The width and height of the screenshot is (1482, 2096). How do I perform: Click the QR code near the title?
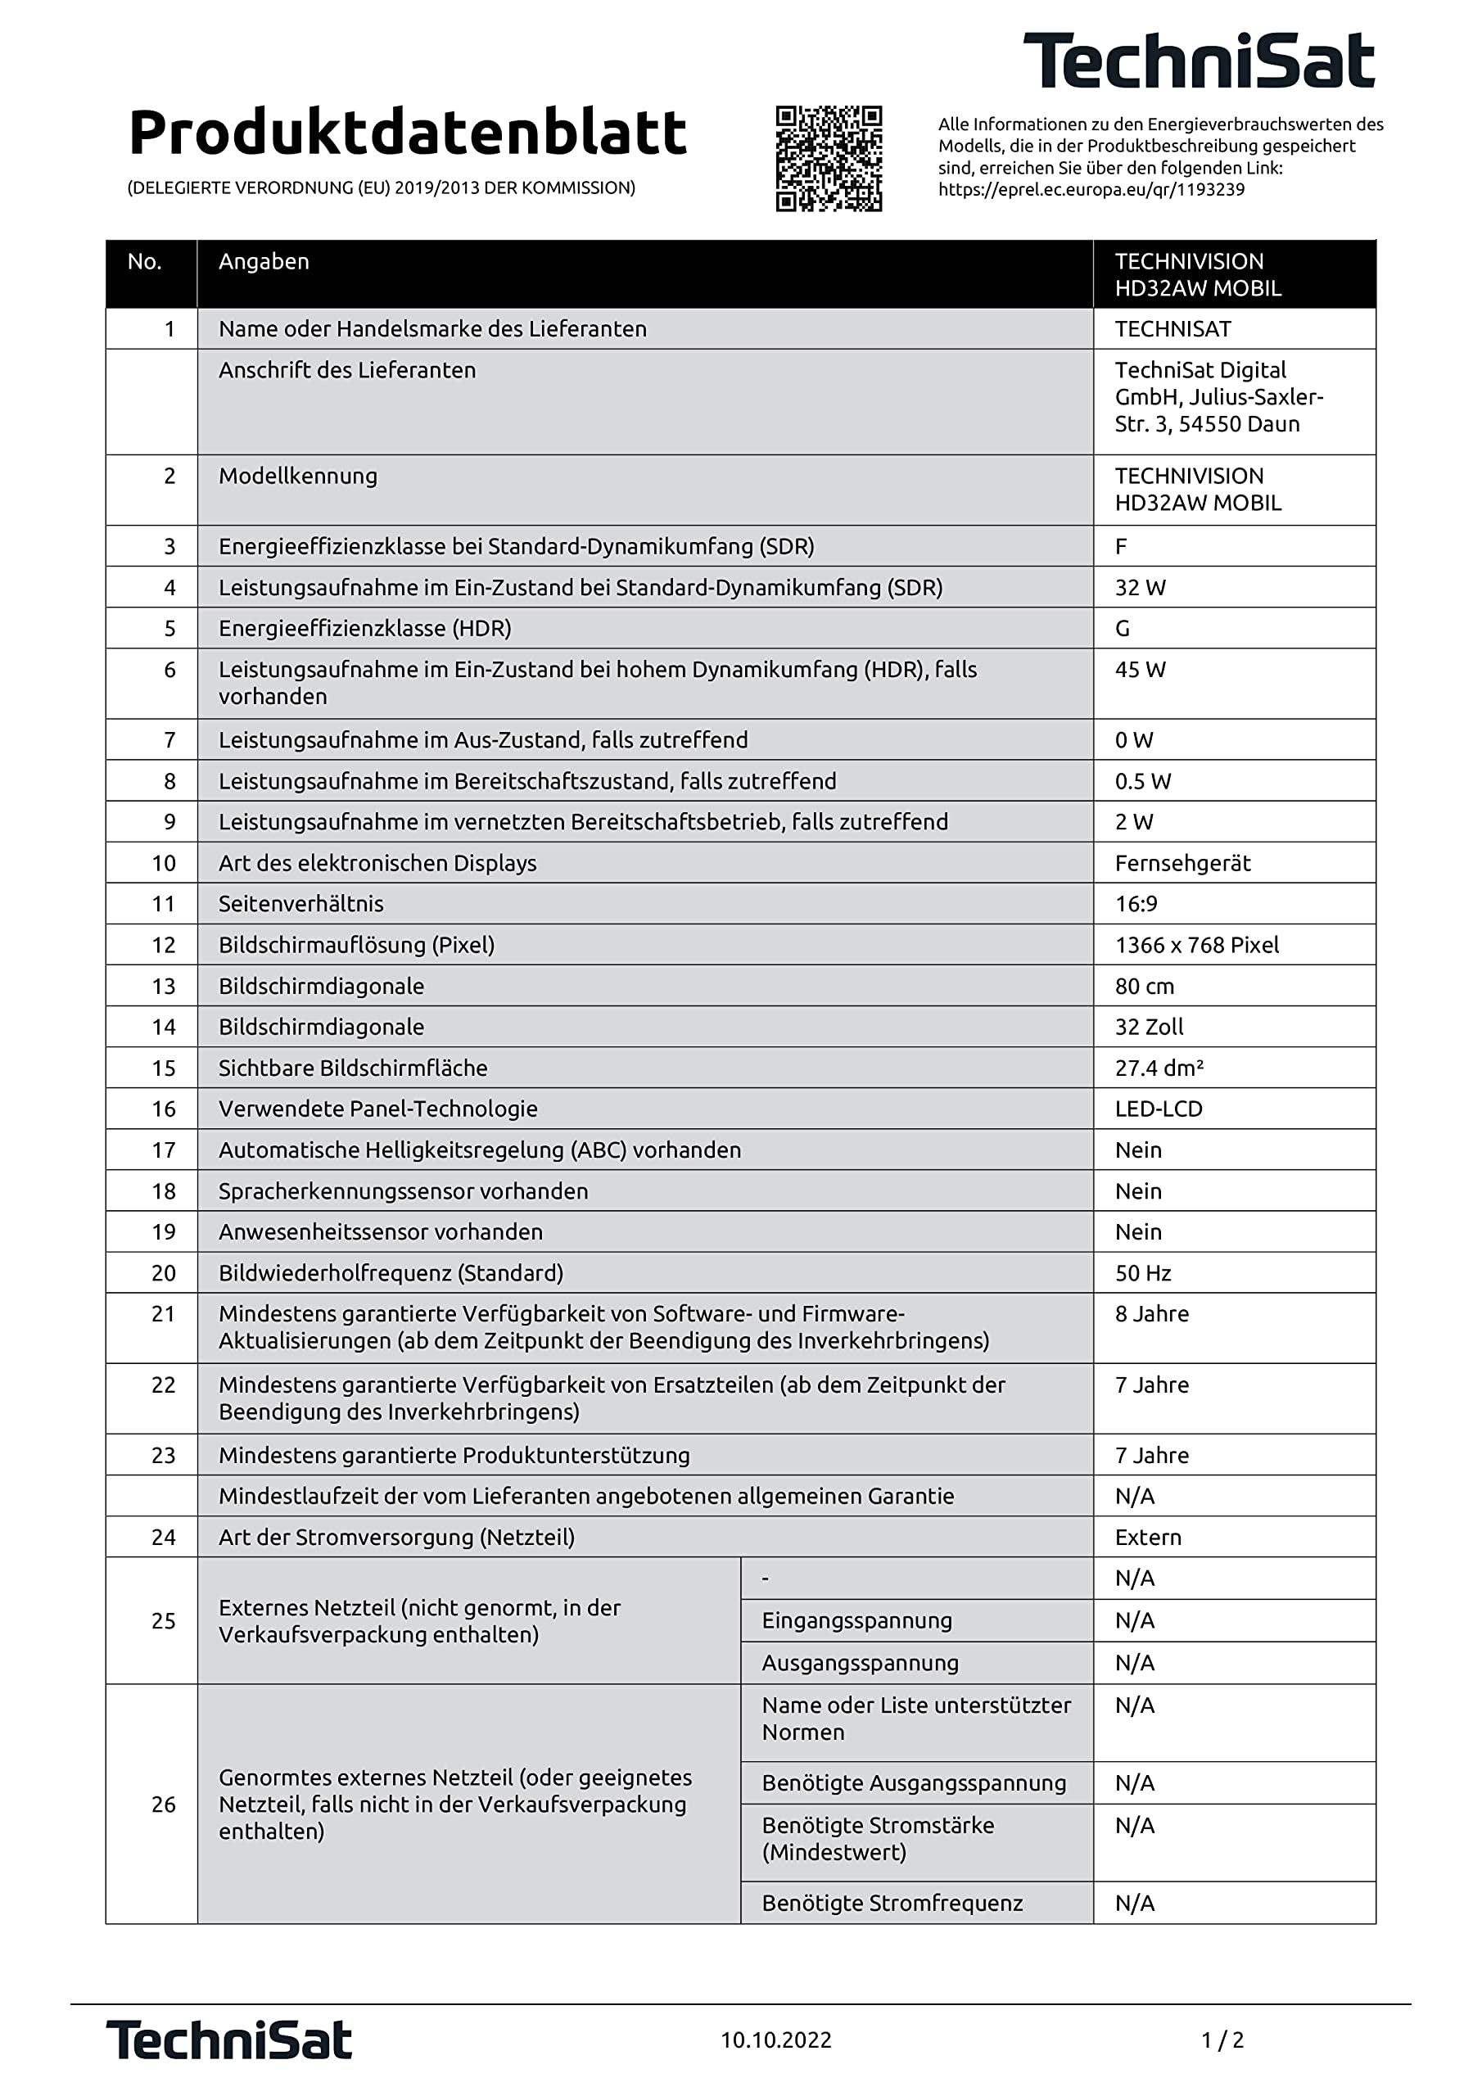point(829,158)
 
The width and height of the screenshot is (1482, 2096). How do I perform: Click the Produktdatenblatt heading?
point(407,133)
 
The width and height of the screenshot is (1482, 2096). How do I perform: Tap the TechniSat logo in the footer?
point(229,2040)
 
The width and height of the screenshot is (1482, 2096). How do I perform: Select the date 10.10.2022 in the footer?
point(776,2040)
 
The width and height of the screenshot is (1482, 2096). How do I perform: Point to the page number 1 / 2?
point(1222,2040)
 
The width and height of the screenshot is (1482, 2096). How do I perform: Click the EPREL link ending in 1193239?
point(1091,190)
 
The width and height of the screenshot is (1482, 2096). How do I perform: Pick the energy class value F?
point(1121,547)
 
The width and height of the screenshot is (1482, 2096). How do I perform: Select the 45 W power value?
point(1141,670)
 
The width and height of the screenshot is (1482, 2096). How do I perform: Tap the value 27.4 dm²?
point(1159,1068)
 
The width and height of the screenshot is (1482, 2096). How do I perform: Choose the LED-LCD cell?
point(1159,1109)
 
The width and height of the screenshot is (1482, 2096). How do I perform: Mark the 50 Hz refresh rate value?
point(1142,1273)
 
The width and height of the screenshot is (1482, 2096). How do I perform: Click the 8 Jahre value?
point(1151,1315)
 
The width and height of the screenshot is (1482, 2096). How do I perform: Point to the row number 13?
point(164,987)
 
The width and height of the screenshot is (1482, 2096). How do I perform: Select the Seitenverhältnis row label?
point(301,904)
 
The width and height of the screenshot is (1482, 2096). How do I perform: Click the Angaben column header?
point(264,262)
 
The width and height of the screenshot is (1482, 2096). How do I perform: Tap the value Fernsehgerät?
point(1182,864)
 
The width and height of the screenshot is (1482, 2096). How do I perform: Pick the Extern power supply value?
point(1148,1538)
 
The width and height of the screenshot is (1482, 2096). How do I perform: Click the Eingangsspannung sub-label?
point(856,1620)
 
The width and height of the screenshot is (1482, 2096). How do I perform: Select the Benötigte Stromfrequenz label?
point(892,1904)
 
